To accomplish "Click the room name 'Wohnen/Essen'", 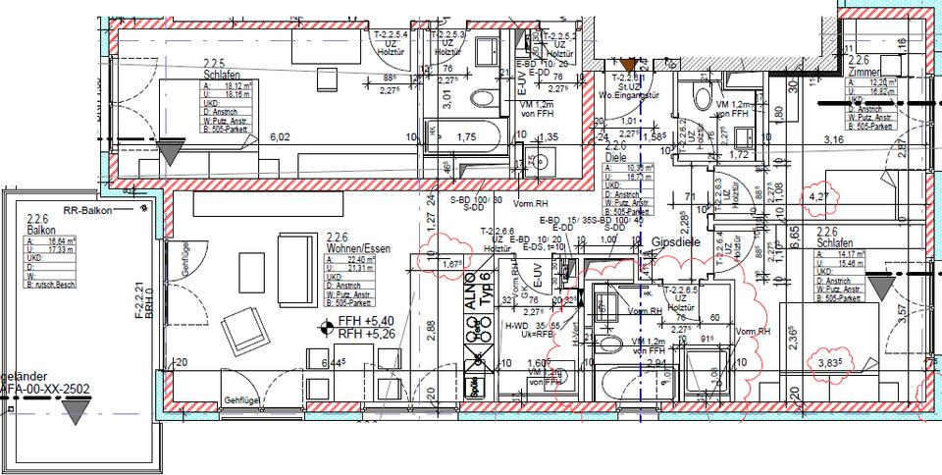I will click(x=357, y=249).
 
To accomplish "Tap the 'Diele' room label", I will click(x=615, y=155).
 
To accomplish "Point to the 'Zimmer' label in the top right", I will click(x=863, y=71).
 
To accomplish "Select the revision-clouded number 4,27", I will click(x=816, y=197).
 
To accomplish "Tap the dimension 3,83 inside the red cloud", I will click(x=831, y=363).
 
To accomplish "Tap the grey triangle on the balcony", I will click(x=77, y=412).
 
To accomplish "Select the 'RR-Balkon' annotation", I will click(x=86, y=210).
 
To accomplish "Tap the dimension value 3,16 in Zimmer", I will click(x=833, y=140).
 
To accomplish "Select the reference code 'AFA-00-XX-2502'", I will click(x=45, y=389).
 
